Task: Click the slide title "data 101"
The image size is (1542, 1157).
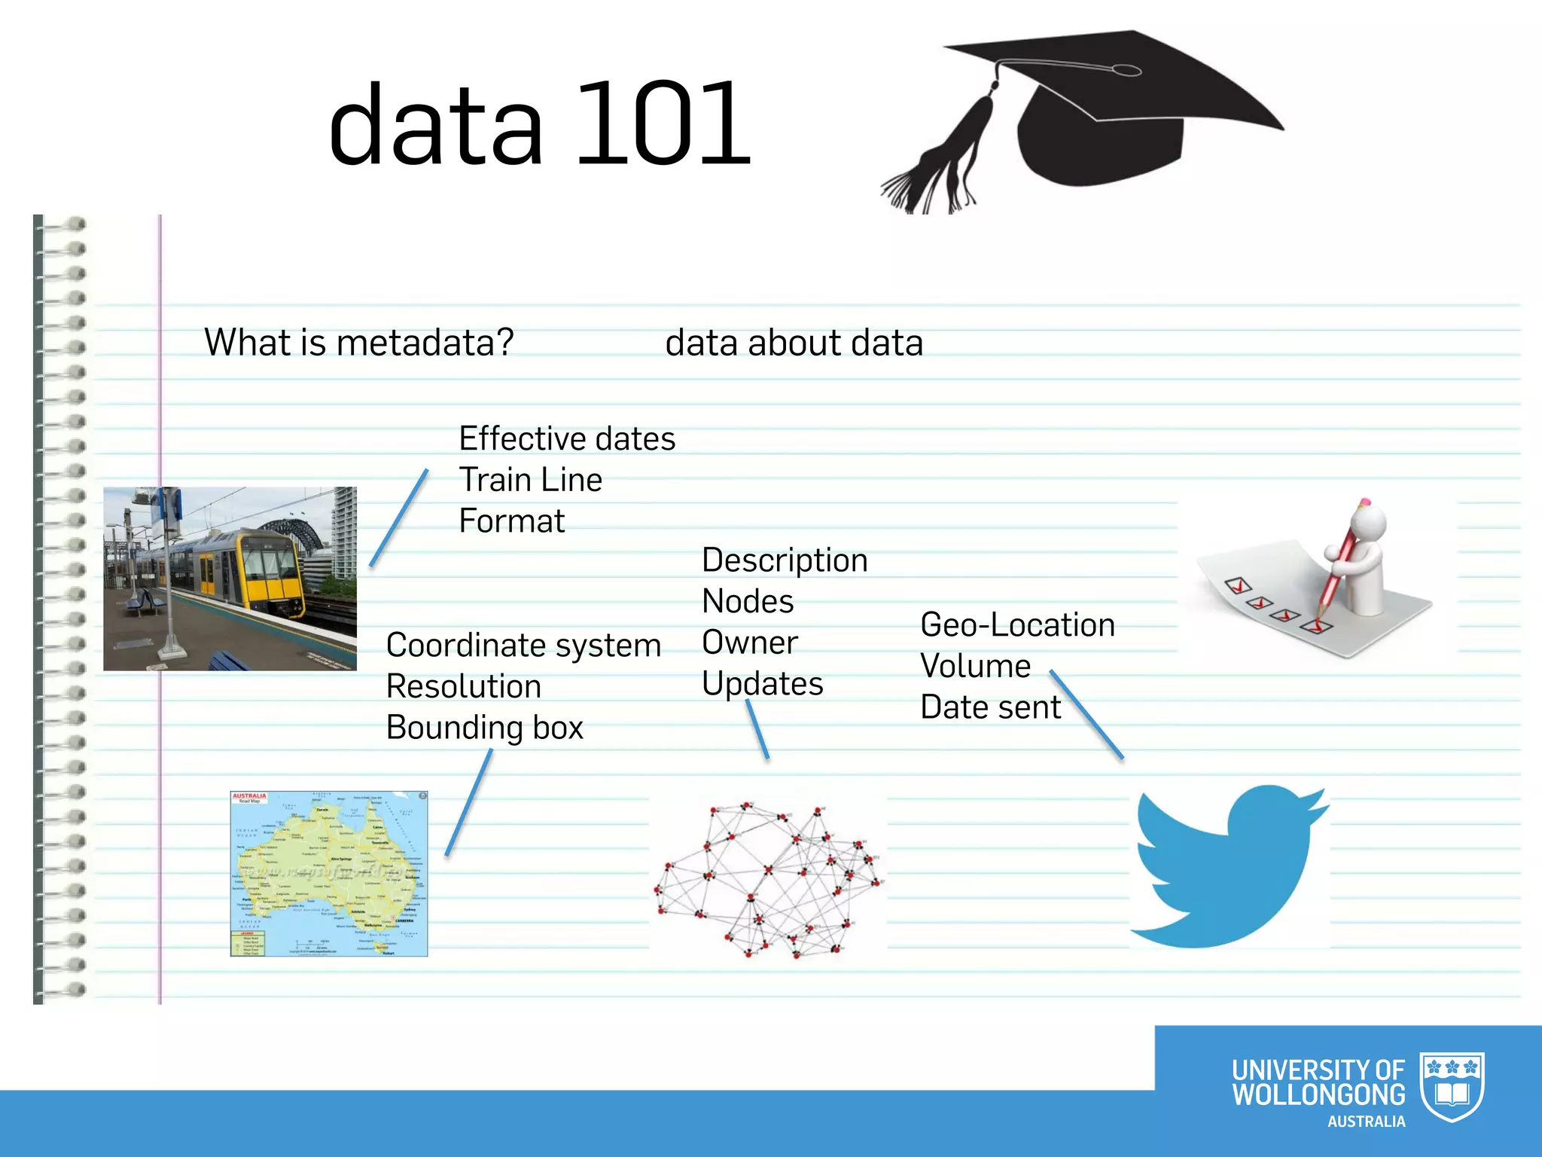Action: click(x=539, y=124)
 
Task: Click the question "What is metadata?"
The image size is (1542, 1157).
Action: click(x=358, y=343)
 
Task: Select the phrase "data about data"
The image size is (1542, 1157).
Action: click(x=794, y=343)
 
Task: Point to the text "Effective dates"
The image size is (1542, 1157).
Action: click(x=567, y=438)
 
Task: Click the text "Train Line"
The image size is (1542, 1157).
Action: click(x=530, y=480)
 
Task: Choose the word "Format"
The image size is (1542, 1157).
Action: click(x=511, y=521)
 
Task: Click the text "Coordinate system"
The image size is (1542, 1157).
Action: click(x=523, y=646)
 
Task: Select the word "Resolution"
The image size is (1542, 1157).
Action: click(x=463, y=687)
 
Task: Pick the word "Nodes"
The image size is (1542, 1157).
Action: click(x=747, y=602)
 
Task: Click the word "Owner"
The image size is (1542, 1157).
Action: click(x=749, y=643)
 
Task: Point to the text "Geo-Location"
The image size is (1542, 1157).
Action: click(x=1017, y=625)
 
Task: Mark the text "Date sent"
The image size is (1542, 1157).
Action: click(x=990, y=707)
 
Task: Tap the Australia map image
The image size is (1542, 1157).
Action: click(x=329, y=874)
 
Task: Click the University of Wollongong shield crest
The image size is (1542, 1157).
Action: click(x=1452, y=1087)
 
